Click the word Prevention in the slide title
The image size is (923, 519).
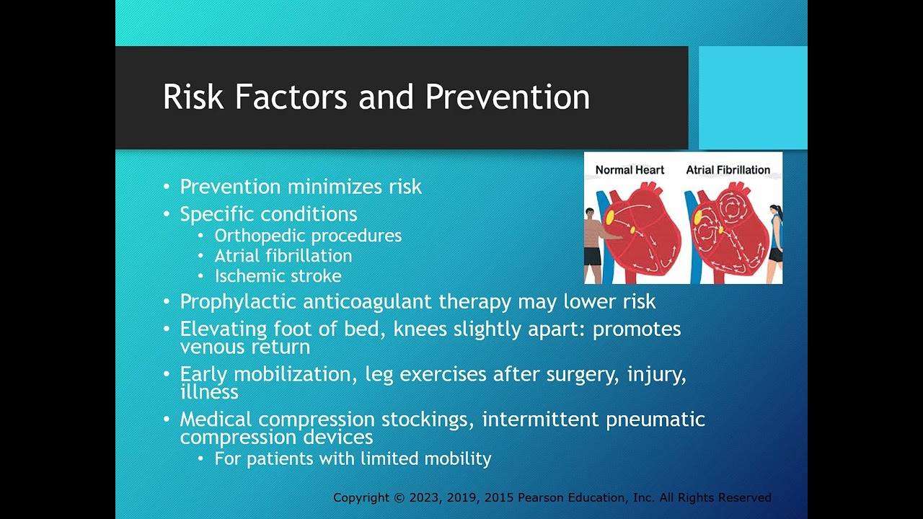[508, 97]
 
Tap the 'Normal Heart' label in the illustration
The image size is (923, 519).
[630, 170]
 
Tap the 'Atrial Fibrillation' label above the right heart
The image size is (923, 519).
[728, 170]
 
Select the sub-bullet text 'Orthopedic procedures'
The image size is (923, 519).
[308, 236]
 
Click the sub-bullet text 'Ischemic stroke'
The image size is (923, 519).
[278, 276]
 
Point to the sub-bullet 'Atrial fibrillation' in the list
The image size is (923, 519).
[283, 256]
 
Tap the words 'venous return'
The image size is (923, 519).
[244, 347]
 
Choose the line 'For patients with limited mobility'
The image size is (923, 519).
[353, 458]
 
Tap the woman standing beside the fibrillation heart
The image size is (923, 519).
[775, 241]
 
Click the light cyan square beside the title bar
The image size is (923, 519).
[752, 97]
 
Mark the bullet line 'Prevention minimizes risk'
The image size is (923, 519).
[301, 187]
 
